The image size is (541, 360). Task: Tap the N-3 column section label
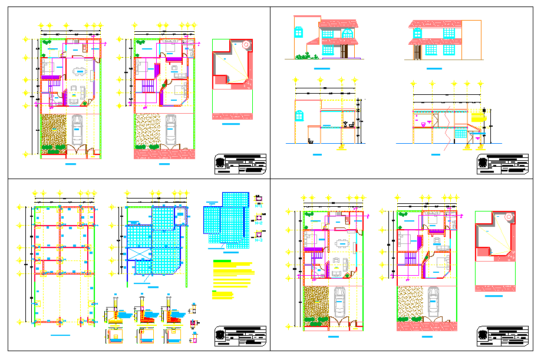point(259,240)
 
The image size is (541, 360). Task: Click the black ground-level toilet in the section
point(311,141)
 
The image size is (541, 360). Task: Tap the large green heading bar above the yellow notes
point(222,261)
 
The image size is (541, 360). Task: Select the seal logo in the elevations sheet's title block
point(482,163)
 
